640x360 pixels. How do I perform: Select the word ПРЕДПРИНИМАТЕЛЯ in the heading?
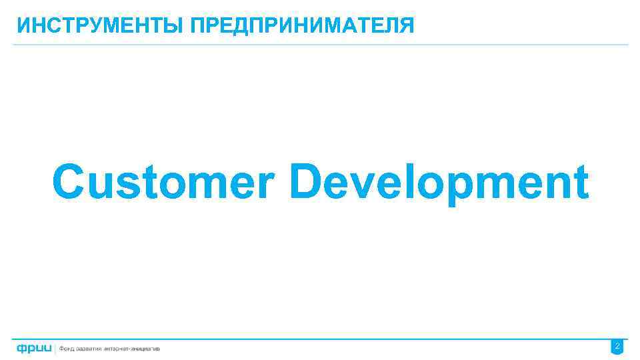pyautogui.click(x=302, y=26)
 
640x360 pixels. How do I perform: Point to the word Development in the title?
pyautogui.click(x=439, y=181)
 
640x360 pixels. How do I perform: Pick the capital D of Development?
pyautogui.click(x=308, y=181)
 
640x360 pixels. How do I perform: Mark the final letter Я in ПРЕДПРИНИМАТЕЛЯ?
pyautogui.click(x=406, y=26)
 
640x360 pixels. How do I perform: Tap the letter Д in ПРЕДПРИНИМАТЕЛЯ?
pyautogui.click(x=248, y=27)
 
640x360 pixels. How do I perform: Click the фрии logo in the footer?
pyautogui.click(x=35, y=348)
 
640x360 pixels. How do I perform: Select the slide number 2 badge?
pyautogui.click(x=617, y=347)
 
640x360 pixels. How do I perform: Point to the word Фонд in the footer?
pyautogui.click(x=69, y=349)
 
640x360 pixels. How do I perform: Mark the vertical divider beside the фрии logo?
pyautogui.click(x=56, y=348)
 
